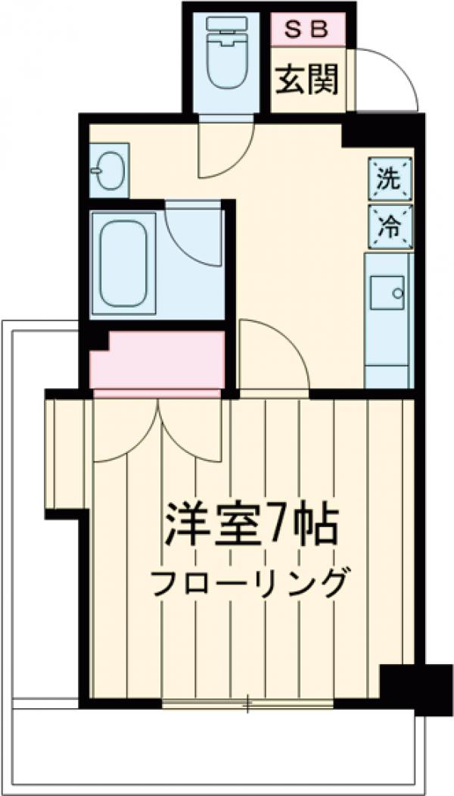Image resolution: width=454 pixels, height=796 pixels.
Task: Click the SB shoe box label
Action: coord(308,30)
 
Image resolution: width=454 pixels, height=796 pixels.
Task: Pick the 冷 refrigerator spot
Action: coord(390,226)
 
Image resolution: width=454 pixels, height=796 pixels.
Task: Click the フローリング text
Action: coord(249,582)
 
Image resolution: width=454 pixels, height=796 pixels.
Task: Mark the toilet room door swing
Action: coord(223,151)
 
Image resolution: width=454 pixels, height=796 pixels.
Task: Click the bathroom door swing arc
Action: coord(193,235)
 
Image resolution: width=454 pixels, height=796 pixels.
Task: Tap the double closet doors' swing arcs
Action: coord(159,432)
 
